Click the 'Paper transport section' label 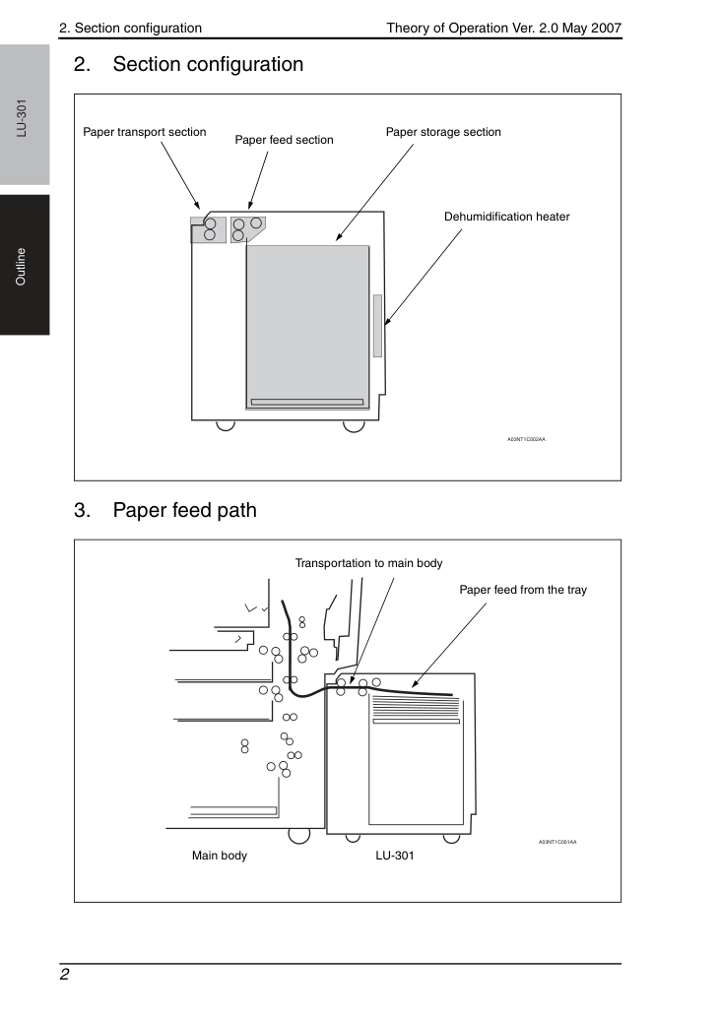144,132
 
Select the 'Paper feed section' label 284,140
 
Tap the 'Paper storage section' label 443,132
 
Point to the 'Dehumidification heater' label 507,217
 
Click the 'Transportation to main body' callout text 368,563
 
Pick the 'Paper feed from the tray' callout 523,590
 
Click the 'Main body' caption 220,856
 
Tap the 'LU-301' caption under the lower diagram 395,856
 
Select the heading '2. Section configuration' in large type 189,64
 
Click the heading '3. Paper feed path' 165,510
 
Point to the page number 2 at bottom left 64,975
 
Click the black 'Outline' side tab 25,265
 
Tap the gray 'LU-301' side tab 25,115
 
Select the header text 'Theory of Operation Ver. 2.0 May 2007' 504,28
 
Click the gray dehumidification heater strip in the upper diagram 377,326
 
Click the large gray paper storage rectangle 307,327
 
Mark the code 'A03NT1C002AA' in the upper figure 526,439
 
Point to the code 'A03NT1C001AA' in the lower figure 557,842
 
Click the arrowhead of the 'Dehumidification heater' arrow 387,321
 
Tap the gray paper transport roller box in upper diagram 208,230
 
